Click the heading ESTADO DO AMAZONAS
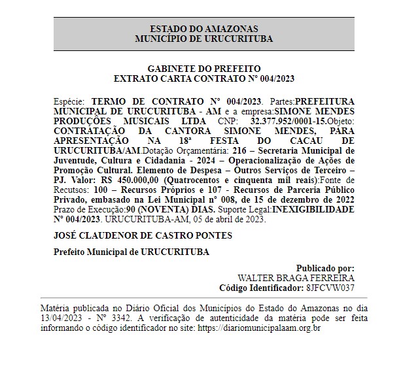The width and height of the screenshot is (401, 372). (x=204, y=29)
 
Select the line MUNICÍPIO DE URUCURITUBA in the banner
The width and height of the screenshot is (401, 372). (x=204, y=39)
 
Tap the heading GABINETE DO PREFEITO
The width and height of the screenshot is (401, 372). (x=204, y=69)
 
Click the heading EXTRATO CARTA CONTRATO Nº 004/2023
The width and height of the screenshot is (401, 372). (x=204, y=78)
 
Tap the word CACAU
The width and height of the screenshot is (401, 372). (x=316, y=141)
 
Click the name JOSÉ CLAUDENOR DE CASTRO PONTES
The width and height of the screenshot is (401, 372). (x=143, y=235)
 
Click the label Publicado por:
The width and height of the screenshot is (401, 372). (x=325, y=269)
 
